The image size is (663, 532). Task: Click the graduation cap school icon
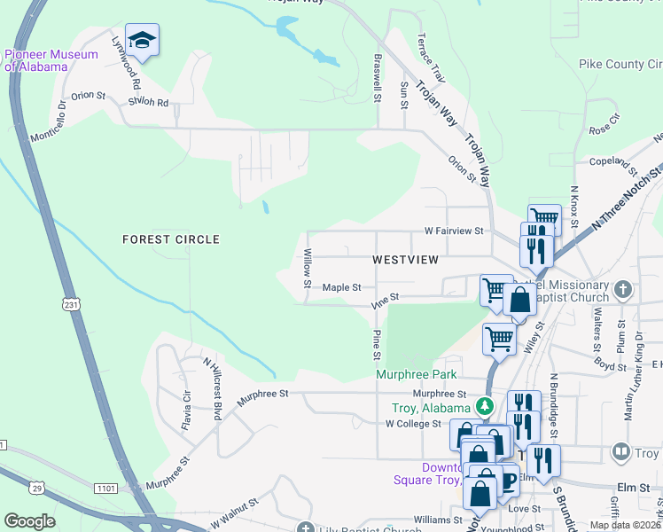142,40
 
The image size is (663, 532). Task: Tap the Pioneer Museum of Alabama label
37,60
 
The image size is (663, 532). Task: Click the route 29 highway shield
36,487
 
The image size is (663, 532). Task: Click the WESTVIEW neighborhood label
405,260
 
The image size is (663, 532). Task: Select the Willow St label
308,269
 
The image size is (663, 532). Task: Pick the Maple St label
341,287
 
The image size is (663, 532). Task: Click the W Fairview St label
455,231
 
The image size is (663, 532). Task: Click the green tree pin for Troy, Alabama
484,407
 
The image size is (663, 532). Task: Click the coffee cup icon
507,481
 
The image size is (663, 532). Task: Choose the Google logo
29,521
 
